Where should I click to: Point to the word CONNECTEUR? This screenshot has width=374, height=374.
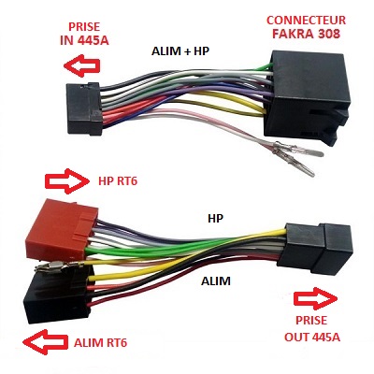[x=306, y=20]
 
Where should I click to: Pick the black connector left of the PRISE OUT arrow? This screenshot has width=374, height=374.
[x=309, y=246]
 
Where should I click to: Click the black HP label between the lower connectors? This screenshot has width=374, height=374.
[x=214, y=217]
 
